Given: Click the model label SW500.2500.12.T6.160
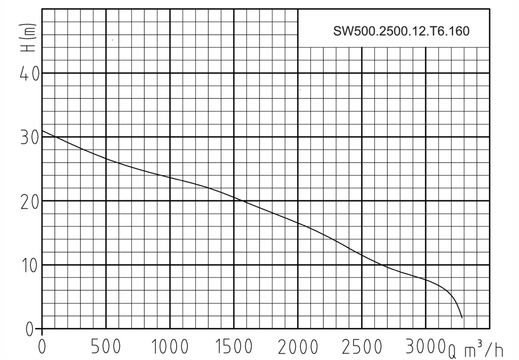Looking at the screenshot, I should tap(401, 32).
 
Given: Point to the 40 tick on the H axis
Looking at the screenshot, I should tap(29, 73).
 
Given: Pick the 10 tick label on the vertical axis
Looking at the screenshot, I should tap(29, 265).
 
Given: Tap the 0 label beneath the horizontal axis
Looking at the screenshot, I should tap(42, 347).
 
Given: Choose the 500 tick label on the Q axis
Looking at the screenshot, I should tap(106, 347).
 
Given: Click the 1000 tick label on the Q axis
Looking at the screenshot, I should tap(170, 347).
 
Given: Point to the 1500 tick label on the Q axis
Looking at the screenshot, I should tap(234, 347).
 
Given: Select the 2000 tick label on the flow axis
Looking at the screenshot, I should tap(298, 347).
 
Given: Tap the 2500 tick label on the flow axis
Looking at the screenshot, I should tap(362, 347).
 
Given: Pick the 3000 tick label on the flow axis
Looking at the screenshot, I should tap(425, 347).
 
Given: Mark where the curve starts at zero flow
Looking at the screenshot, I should tap(42, 130).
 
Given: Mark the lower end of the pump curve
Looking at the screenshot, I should tap(462, 318).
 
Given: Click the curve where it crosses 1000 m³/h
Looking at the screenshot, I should tap(170, 177).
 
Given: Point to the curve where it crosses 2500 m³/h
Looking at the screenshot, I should tap(362, 255).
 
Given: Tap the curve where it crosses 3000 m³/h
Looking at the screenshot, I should tap(426, 280).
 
